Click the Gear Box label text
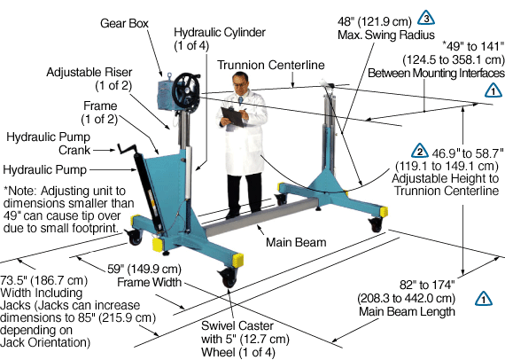(124, 24)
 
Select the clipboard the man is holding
(232, 116)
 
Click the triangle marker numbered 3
(426, 18)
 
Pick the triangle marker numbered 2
(420, 151)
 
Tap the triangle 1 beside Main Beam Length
(484, 299)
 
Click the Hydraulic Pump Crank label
(49, 144)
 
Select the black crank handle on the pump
(127, 149)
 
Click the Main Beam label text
(296, 242)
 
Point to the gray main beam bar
(260, 218)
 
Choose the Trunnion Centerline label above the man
(271, 65)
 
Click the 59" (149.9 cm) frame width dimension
(144, 269)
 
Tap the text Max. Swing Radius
(386, 35)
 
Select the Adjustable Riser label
(89, 79)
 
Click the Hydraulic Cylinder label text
(220, 39)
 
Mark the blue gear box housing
(167, 95)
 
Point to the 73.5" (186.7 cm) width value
(43, 280)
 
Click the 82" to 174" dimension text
(427, 285)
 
